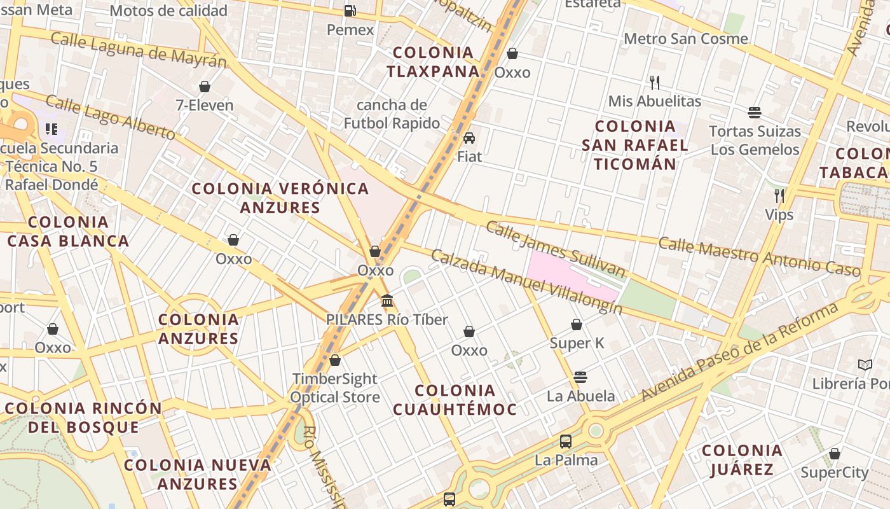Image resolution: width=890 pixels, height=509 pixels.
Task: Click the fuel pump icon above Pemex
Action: pos(350,11)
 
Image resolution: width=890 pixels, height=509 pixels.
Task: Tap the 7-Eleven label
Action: pos(205,105)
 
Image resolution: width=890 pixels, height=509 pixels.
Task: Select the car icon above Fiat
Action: pos(469,138)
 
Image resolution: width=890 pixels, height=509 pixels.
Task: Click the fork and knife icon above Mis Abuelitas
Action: pos(655,82)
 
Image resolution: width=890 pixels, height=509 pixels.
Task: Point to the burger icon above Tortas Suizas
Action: pos(755,113)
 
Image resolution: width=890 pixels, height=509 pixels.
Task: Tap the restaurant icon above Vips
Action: pos(779,195)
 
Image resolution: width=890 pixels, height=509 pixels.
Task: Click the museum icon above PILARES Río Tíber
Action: pos(387,300)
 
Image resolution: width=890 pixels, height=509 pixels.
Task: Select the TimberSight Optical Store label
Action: pos(335,388)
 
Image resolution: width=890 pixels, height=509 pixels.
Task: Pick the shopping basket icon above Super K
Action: pos(577,325)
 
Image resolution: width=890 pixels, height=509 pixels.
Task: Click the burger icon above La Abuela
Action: pos(580,377)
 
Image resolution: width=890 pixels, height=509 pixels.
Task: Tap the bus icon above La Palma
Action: pos(566,441)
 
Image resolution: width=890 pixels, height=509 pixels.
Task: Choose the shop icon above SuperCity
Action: pos(835,454)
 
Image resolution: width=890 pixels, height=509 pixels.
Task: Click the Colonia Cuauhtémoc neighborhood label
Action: pos(455,400)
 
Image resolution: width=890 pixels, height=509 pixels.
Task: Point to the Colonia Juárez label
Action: pos(743,460)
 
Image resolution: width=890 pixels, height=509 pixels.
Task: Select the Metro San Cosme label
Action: pos(686,39)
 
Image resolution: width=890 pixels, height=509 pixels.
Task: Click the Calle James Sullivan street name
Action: pos(556,249)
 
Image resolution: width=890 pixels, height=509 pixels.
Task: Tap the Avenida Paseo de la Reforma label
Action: pos(739,352)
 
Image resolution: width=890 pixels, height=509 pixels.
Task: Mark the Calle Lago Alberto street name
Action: pos(111,118)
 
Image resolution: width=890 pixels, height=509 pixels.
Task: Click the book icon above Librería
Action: pos(865,365)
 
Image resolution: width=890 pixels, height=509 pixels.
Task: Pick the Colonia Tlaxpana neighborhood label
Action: pos(433,62)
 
